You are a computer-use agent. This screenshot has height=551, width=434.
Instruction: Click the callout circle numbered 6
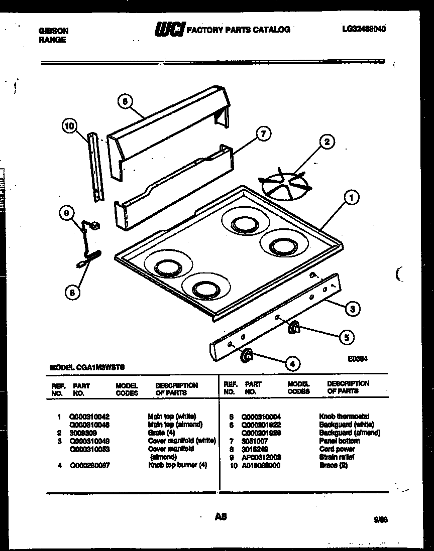[x=125, y=101]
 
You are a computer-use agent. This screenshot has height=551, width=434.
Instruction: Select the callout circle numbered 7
[x=262, y=133]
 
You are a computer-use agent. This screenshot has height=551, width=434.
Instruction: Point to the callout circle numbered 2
[x=327, y=142]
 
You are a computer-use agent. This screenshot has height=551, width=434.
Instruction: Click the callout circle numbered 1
[x=351, y=199]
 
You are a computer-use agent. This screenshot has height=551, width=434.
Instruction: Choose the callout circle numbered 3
[x=353, y=309]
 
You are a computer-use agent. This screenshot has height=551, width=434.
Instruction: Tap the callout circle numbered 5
[x=346, y=337]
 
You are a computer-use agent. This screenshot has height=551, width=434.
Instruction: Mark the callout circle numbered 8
[x=73, y=292]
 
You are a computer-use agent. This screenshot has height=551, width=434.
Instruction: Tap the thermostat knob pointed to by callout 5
[x=293, y=328]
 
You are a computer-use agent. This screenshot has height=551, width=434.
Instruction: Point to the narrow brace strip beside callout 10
[x=93, y=168]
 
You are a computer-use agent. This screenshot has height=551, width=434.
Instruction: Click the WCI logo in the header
[x=169, y=29]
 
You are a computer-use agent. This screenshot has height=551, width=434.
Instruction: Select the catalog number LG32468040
[x=364, y=29]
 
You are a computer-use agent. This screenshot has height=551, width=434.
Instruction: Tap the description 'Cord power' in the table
[x=337, y=449]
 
